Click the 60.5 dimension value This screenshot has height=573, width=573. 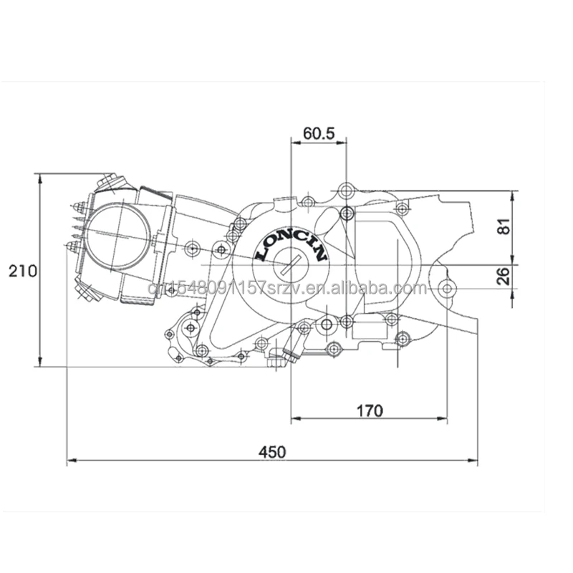[x=318, y=133]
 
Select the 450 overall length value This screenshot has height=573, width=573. [x=272, y=452]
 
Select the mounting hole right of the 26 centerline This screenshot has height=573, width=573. [x=447, y=289]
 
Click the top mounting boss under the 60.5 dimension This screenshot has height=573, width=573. [x=347, y=191]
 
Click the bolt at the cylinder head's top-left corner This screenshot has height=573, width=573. [x=109, y=180]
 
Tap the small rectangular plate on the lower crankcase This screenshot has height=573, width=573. [x=370, y=332]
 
